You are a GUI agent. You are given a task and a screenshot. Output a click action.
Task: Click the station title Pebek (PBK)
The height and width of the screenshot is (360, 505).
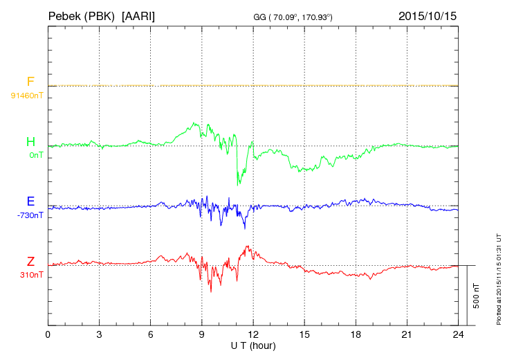click(x=80, y=15)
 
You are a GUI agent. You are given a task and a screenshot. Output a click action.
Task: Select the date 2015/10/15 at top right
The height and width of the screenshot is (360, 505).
click(x=427, y=15)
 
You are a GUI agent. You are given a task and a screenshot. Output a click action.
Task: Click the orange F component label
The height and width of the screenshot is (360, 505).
click(x=30, y=82)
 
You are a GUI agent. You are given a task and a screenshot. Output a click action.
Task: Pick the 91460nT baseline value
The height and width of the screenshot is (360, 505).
click(x=27, y=95)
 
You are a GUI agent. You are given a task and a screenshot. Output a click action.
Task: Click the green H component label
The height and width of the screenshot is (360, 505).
click(x=30, y=142)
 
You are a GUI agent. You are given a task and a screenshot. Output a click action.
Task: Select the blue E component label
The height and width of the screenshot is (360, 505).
click(x=30, y=202)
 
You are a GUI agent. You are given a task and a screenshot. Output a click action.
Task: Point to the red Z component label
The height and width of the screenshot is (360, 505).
click(x=30, y=262)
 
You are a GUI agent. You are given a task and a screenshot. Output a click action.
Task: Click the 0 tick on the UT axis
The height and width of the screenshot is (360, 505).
click(x=48, y=335)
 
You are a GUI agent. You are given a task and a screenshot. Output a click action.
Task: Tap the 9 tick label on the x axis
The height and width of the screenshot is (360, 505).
click(x=202, y=335)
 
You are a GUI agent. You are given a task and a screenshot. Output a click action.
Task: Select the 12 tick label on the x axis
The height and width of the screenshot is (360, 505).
click(x=253, y=335)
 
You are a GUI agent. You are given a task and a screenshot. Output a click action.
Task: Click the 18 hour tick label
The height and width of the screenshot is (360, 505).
click(x=356, y=335)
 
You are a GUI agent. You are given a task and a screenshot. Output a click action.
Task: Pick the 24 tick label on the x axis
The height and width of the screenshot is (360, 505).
click(x=458, y=335)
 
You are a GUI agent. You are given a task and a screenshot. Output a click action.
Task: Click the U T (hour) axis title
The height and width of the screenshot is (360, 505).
click(x=253, y=345)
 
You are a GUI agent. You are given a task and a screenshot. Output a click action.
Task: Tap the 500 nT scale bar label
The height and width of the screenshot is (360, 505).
click(x=477, y=296)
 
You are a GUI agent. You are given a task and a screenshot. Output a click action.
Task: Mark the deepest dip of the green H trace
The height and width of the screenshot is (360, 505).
click(x=239, y=184)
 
